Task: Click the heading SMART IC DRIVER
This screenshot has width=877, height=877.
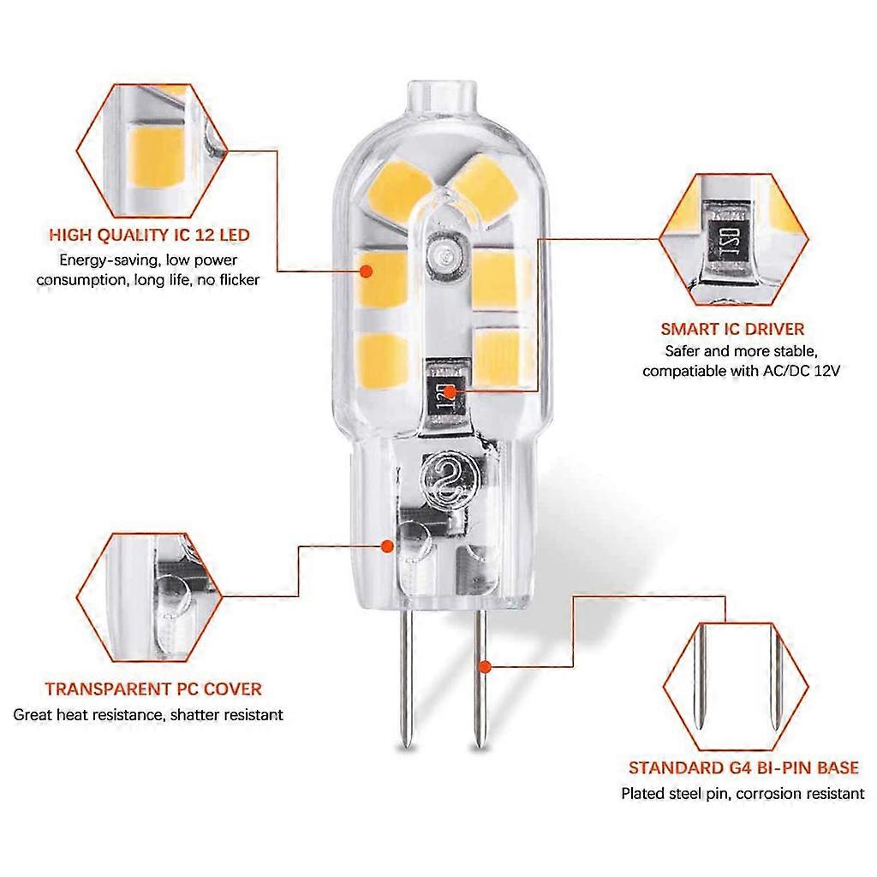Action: click(x=732, y=328)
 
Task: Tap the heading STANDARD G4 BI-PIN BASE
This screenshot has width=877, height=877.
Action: click(x=743, y=768)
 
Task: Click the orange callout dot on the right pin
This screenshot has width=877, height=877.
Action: click(x=485, y=665)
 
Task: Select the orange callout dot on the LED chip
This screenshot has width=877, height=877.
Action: click(x=367, y=271)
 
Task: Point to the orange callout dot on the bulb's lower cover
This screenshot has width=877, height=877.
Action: click(x=388, y=546)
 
